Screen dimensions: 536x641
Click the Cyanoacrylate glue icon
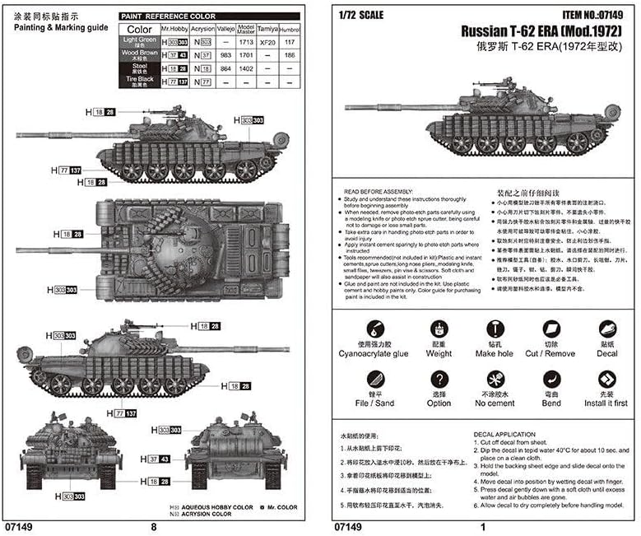[373, 330]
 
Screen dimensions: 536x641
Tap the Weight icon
[439, 330]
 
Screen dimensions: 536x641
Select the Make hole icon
[495, 330]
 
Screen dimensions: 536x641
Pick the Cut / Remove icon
[550, 330]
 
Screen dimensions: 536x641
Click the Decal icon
[607, 330]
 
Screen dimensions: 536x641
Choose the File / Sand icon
[373, 380]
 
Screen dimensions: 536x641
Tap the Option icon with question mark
[439, 380]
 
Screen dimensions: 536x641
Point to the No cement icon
[495, 380]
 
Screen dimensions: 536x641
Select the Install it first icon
[607, 380]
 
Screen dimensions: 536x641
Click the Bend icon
[550, 380]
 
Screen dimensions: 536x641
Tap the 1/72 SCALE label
[360, 15]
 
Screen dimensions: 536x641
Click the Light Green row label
[139, 41]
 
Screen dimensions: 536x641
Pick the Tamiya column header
[267, 28]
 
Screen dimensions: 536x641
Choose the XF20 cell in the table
[267, 40]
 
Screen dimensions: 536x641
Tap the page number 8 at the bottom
[153, 526]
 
